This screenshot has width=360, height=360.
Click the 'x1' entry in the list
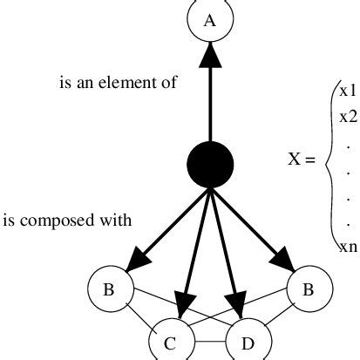pyautogui.click(x=348, y=90)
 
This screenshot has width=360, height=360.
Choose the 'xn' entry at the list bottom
pyautogui.click(x=348, y=247)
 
